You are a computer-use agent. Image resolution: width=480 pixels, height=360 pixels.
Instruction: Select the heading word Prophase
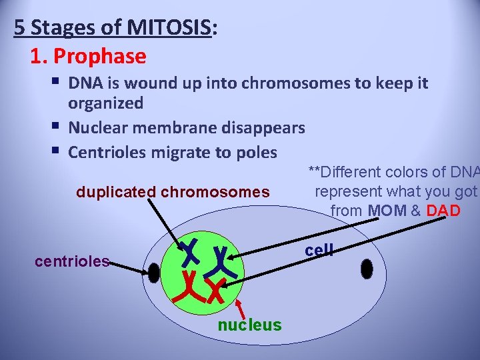99,56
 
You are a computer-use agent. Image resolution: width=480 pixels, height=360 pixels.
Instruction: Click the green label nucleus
250,325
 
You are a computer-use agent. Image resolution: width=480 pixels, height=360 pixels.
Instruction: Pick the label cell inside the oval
319,250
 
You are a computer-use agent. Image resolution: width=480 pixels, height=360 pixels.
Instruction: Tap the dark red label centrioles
72,261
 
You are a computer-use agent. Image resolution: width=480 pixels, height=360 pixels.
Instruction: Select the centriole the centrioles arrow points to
154,273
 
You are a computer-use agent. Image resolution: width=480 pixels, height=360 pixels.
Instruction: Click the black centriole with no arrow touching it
366,269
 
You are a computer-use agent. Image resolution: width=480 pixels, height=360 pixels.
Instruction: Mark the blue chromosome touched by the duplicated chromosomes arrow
189,251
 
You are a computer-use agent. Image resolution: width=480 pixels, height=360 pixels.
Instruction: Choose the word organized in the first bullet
105,103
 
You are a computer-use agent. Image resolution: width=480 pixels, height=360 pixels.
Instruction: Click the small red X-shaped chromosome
215,291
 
